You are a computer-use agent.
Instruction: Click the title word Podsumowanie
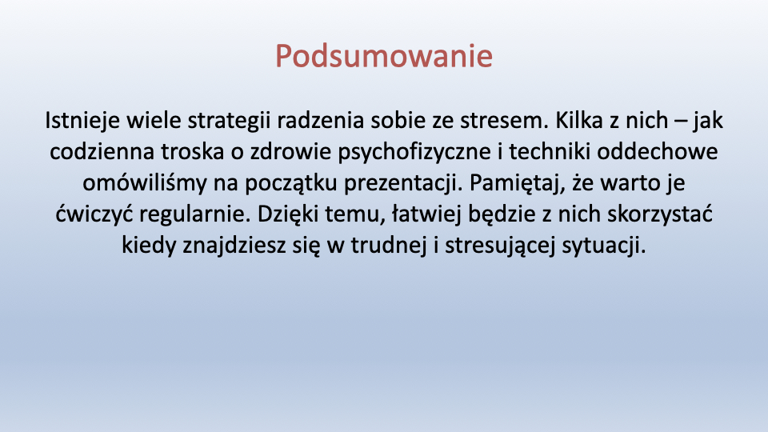point(383,56)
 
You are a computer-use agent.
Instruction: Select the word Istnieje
point(82,121)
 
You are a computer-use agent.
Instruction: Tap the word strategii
point(229,121)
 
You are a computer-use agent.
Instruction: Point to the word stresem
point(504,121)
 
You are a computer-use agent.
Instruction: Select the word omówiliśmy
point(145,182)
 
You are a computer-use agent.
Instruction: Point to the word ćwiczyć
point(94,214)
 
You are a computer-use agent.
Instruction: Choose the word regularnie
point(195,214)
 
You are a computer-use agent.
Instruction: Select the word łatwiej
point(426,214)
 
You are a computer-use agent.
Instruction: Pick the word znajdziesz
point(234,246)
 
